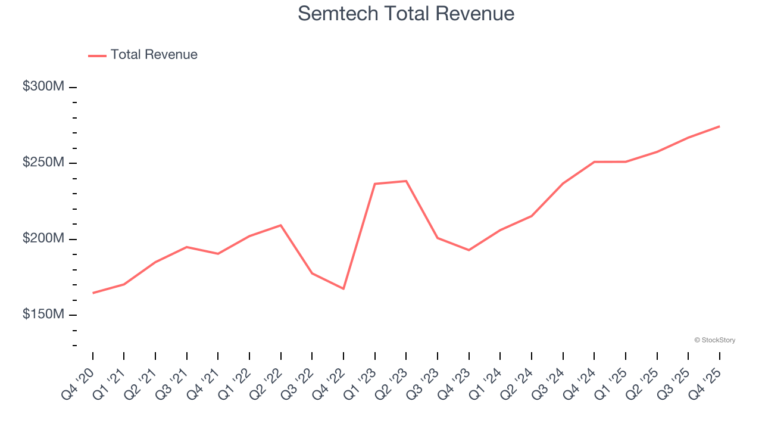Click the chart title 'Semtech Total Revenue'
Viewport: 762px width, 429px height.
click(406, 13)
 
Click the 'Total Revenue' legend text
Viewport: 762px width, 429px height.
click(154, 55)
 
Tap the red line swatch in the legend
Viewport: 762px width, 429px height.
click(97, 55)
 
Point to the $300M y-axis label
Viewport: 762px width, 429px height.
click(43, 86)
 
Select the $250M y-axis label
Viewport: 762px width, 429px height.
click(43, 163)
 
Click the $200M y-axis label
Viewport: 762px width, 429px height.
click(43, 238)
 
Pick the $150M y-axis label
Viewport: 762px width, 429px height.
click(43, 314)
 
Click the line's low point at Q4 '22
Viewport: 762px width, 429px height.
click(343, 289)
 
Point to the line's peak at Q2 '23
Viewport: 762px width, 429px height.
click(406, 181)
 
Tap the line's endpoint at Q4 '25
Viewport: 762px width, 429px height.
click(719, 126)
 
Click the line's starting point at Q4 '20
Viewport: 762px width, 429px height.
click(93, 293)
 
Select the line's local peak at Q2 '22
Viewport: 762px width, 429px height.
click(281, 225)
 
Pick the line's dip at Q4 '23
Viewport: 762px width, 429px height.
click(469, 250)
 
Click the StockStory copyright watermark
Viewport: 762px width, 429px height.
click(714, 340)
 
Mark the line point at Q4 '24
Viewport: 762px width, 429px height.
click(594, 161)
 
